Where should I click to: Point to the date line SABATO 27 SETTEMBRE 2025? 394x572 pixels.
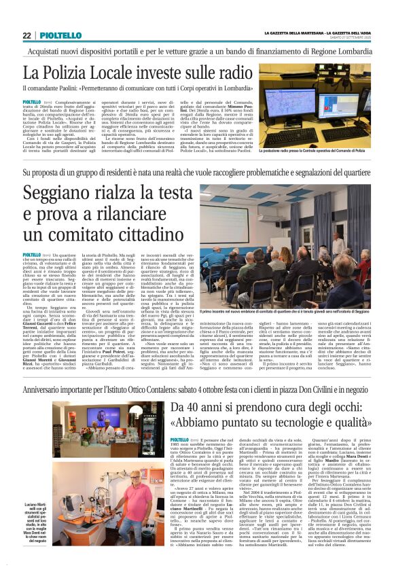pyautogui.click(x=357, y=37)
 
